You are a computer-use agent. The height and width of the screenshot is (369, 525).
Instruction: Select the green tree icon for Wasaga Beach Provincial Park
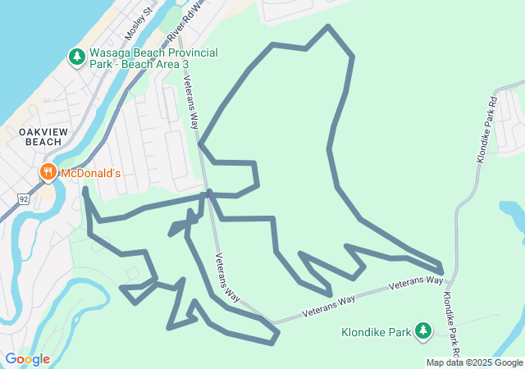click(x=76, y=57)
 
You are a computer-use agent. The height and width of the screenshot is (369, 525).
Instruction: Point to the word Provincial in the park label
click(x=177, y=53)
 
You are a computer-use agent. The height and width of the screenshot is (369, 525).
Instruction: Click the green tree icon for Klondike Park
click(x=422, y=330)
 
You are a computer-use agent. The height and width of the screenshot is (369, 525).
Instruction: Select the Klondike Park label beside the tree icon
click(x=378, y=333)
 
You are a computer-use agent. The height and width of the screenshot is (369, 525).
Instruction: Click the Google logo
click(x=27, y=359)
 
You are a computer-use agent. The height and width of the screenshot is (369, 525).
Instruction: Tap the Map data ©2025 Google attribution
click(x=474, y=362)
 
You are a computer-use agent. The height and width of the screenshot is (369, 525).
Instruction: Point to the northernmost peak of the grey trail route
click(x=328, y=27)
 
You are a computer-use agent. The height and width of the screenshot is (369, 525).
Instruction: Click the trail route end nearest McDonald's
click(x=85, y=190)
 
